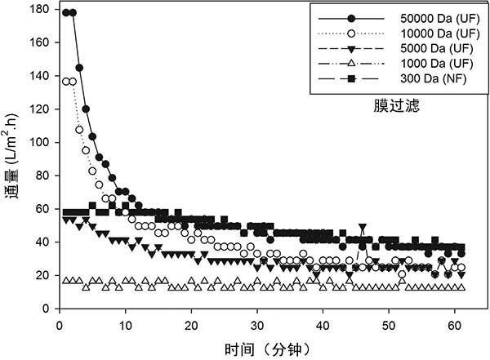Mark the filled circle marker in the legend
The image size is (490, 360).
351,19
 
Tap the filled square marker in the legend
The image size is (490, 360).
351,79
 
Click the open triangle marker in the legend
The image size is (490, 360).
351,64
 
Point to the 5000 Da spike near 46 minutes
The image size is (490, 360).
362,227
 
